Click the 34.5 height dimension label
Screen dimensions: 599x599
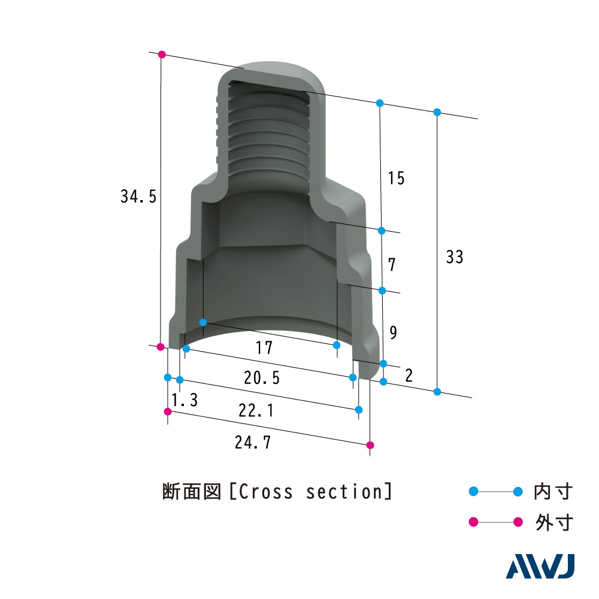click(138, 196)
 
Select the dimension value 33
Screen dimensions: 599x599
click(455, 257)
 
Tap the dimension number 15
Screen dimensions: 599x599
click(396, 178)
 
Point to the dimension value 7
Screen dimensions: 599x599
click(392, 264)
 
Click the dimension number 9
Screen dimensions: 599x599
click(393, 332)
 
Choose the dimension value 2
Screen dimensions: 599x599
click(409, 375)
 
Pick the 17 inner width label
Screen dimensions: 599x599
click(264, 347)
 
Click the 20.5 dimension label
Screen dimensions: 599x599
click(262, 378)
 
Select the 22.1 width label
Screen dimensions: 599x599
click(256, 410)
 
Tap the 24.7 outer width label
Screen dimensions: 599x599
click(253, 443)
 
